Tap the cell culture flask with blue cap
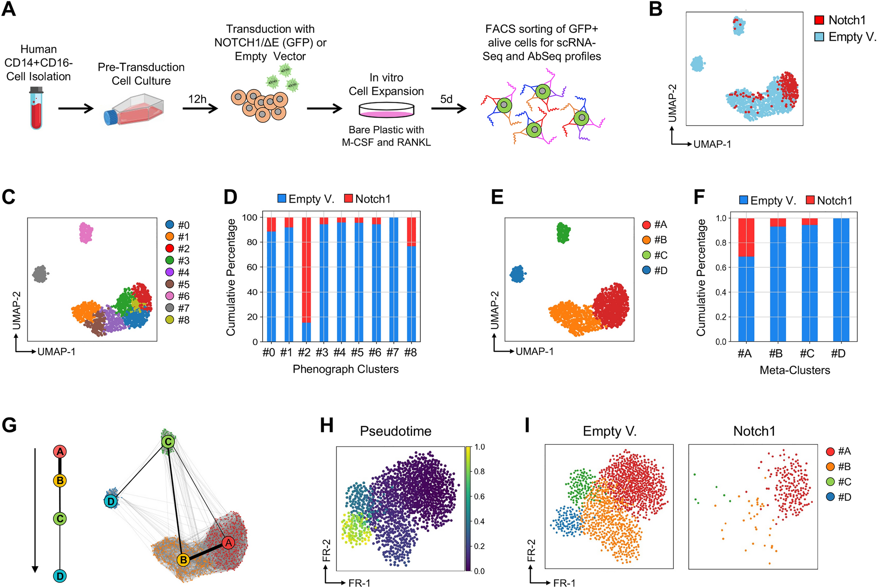(x=134, y=110)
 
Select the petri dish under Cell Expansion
(x=386, y=110)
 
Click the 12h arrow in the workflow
(x=200, y=108)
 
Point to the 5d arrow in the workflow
(x=448, y=108)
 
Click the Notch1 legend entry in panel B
(x=839, y=20)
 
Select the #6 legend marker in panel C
(x=170, y=296)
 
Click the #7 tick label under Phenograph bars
(x=392, y=353)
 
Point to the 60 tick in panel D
(x=253, y=267)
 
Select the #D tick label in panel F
(x=838, y=353)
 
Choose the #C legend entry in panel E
(x=655, y=255)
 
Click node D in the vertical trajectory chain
(x=60, y=576)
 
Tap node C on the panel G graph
(x=168, y=442)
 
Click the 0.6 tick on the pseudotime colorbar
(x=479, y=496)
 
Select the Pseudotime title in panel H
(x=395, y=431)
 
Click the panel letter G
(x=9, y=425)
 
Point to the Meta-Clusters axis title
(x=794, y=370)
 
